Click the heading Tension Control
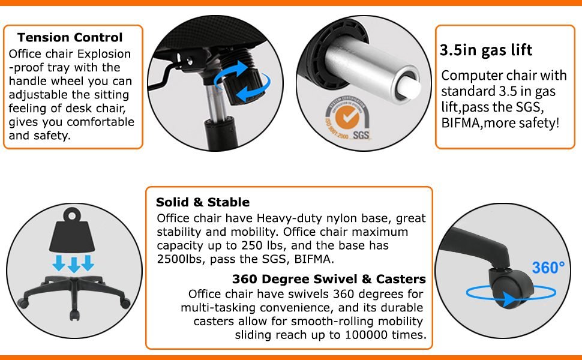70,37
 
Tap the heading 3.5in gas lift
486,50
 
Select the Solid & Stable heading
203,202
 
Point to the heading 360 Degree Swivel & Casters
329,279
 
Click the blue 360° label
548,267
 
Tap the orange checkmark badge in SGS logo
347,118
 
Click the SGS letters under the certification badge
361,135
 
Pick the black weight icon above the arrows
73,230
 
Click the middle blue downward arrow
74,264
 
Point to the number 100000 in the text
367,335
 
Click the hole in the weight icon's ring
71,215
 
